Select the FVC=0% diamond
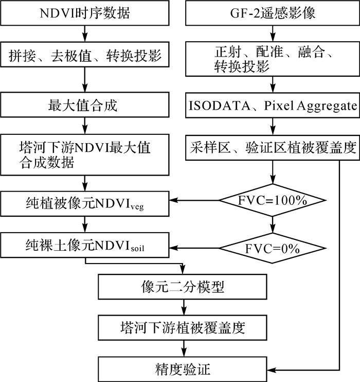(x=273, y=249)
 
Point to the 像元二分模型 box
(x=183, y=287)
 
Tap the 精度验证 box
(x=183, y=369)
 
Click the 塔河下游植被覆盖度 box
(x=183, y=327)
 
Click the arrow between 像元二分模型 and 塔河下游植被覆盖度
(x=183, y=307)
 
